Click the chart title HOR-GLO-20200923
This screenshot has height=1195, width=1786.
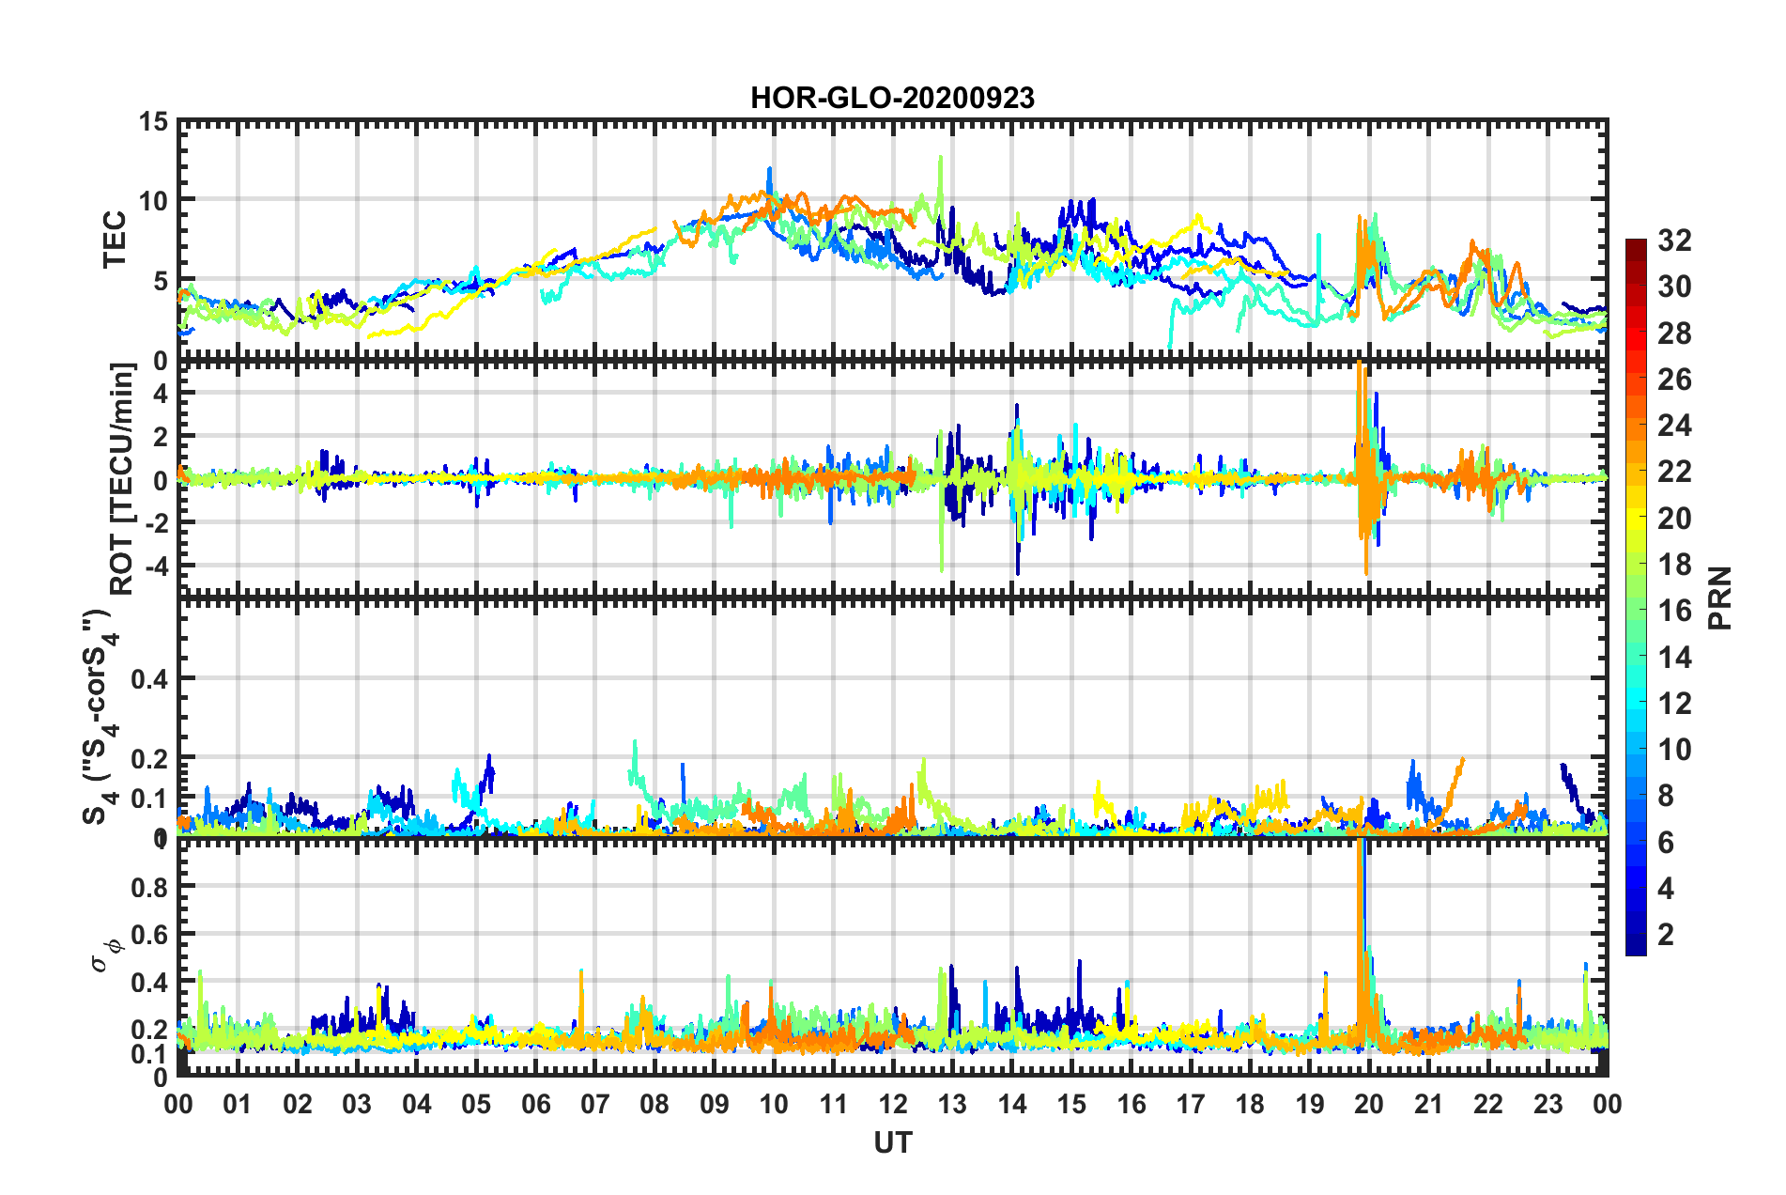[892, 98]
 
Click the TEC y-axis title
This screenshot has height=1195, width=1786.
[115, 241]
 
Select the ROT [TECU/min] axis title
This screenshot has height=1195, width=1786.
[122, 478]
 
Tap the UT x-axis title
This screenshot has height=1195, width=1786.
[892, 1142]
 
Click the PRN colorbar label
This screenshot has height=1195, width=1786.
[1720, 597]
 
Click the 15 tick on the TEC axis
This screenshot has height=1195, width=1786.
[153, 122]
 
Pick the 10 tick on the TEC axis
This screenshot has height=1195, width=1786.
[153, 201]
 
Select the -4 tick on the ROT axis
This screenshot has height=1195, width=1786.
[156, 566]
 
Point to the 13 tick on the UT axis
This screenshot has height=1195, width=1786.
[952, 1104]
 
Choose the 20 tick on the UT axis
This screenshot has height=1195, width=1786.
[1369, 1104]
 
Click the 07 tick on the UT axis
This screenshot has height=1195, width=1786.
[595, 1104]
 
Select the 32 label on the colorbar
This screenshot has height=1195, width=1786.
[1674, 241]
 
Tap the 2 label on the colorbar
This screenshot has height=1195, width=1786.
[1667, 934]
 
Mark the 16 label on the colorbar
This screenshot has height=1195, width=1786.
[1674, 611]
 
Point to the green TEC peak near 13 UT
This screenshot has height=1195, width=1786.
[940, 162]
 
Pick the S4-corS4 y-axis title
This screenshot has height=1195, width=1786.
[99, 718]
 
